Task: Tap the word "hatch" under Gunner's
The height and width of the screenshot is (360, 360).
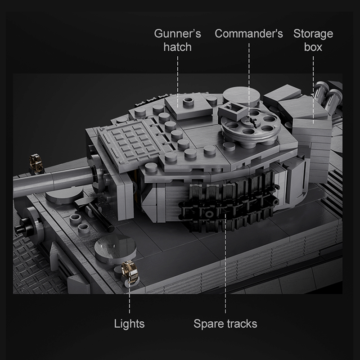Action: [177, 47]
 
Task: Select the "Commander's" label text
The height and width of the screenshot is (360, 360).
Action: [248, 34]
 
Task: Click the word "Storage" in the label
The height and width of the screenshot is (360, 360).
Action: [313, 34]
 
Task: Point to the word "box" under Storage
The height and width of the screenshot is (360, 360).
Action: [313, 47]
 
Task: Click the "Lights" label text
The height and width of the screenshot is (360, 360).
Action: [129, 324]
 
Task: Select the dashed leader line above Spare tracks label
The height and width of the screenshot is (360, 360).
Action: [225, 270]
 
